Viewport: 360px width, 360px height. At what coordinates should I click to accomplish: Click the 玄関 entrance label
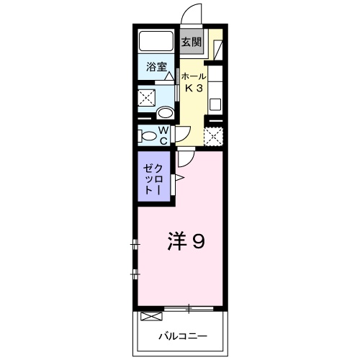(x=191, y=42)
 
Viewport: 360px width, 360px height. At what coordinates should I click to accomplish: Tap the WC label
(x=163, y=135)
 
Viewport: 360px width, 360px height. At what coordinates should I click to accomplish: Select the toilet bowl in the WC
(x=149, y=134)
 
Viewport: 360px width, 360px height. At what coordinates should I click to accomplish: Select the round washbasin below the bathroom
(x=165, y=112)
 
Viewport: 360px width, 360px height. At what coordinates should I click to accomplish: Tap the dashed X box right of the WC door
(x=212, y=135)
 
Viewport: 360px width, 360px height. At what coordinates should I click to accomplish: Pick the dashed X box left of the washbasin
(x=148, y=96)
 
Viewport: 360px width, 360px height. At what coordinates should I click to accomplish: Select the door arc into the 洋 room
(x=185, y=158)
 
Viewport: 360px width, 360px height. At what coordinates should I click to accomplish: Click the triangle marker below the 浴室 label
(x=169, y=76)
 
